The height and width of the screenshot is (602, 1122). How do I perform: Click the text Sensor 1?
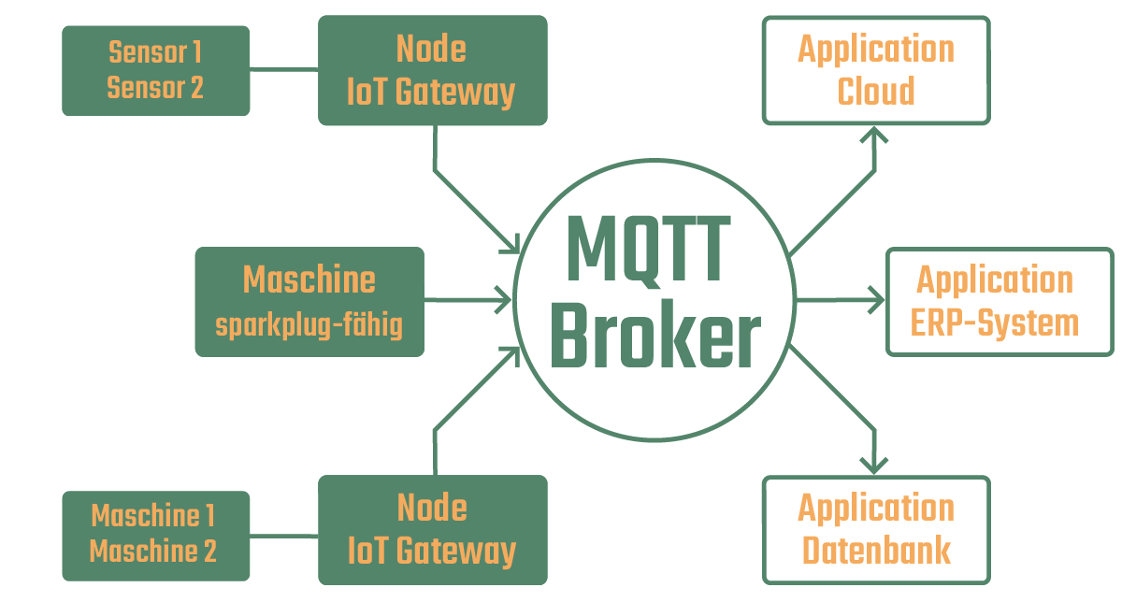tap(155, 51)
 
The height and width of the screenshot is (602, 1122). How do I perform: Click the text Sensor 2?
tap(155, 88)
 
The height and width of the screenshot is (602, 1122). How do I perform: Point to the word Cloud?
tap(876, 92)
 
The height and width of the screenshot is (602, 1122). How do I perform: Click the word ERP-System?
tap(995, 322)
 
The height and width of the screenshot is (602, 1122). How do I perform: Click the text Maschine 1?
tap(153, 515)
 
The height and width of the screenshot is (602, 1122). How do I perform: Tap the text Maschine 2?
tap(153, 551)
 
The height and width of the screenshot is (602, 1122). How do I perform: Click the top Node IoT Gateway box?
tap(432, 70)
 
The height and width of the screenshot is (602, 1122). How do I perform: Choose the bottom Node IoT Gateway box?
tap(432, 530)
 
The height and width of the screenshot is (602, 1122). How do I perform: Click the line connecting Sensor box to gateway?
tap(284, 69)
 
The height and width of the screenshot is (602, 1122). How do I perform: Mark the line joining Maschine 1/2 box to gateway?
tap(284, 537)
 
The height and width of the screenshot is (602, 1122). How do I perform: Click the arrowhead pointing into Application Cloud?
tap(875, 134)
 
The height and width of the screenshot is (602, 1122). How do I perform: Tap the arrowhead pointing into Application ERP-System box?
tap(877, 301)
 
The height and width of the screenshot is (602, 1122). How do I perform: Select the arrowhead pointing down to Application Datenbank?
tap(874, 466)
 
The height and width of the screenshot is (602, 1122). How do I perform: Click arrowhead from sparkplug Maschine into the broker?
tap(505, 301)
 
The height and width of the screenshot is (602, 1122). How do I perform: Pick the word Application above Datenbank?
tap(876, 509)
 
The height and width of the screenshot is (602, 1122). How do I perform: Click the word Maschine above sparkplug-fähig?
tap(309, 279)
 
